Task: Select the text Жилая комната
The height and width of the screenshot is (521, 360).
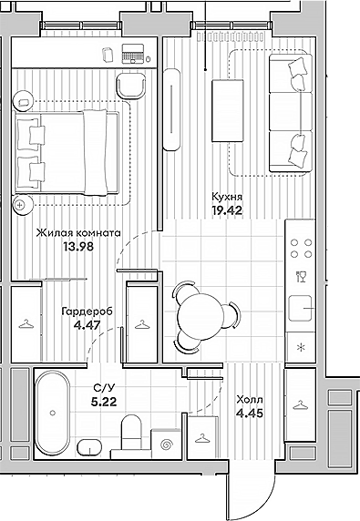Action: [78, 232]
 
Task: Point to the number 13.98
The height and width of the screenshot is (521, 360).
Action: [78, 246]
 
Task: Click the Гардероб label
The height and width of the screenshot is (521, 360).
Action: [87, 310]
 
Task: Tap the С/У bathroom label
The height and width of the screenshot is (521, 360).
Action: [103, 387]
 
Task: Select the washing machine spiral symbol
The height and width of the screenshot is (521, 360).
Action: [166, 444]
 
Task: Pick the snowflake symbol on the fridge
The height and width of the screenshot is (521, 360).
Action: [300, 347]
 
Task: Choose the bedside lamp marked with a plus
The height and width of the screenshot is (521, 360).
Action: [21, 205]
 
